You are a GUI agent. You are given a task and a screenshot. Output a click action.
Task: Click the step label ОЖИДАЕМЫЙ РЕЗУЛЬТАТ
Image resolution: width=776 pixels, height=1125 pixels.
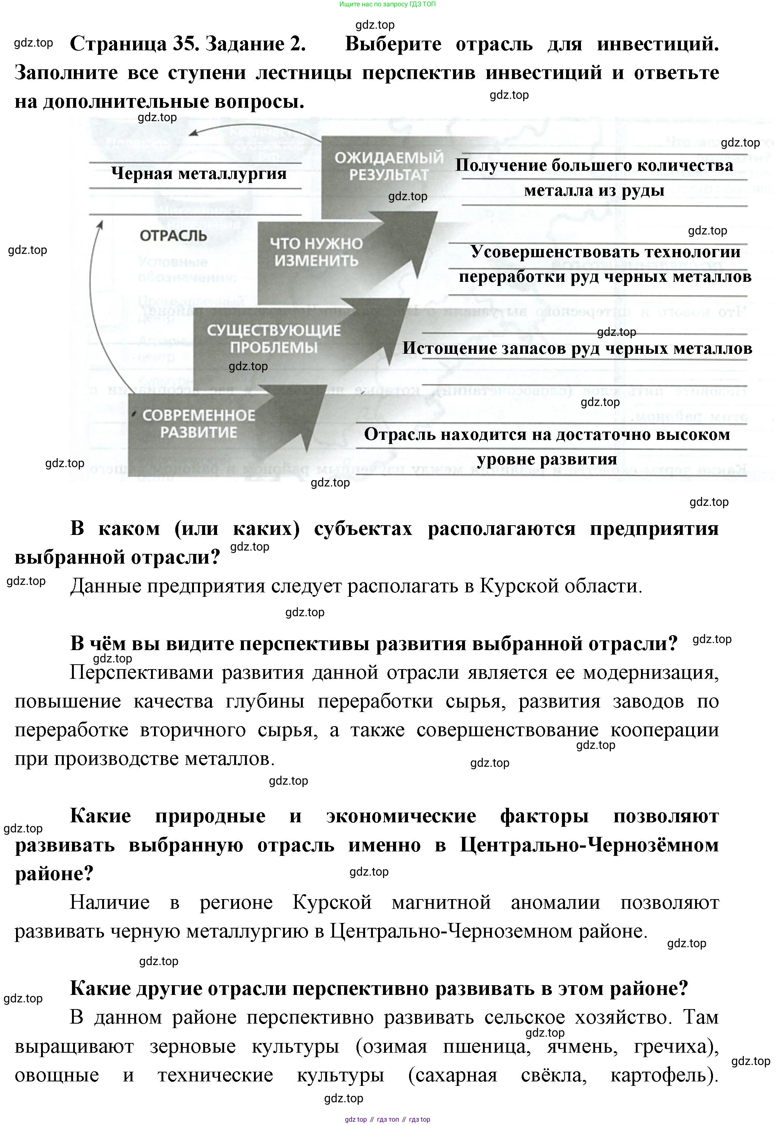pos(389,166)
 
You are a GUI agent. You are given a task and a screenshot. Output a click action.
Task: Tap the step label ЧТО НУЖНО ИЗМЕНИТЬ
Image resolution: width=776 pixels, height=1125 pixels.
pos(316,252)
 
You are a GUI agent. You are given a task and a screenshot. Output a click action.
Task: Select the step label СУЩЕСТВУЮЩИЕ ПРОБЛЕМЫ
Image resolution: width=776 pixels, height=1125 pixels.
pos(274,339)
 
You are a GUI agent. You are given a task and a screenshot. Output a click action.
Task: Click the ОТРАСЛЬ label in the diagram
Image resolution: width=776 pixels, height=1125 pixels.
pos(173,236)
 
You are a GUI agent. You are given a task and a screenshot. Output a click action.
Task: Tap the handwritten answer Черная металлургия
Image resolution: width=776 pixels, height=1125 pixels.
pos(198,173)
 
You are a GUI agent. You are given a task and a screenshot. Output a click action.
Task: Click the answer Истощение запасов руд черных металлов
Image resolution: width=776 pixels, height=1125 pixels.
pos(577,349)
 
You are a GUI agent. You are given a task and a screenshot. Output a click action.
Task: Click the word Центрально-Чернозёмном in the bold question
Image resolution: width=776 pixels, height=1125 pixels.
pos(589,845)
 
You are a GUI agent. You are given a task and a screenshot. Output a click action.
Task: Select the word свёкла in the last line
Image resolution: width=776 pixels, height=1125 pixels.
pos(553,1075)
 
